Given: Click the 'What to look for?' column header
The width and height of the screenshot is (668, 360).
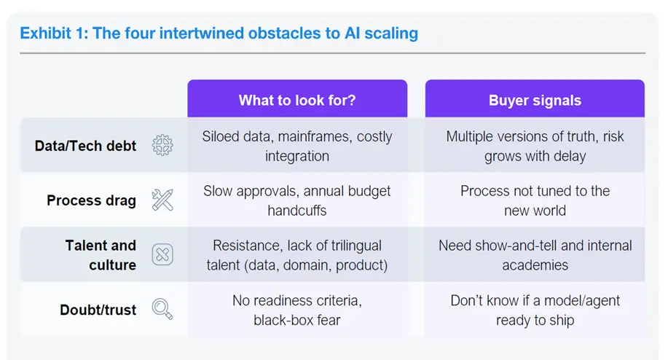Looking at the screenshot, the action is pyautogui.click(x=297, y=100).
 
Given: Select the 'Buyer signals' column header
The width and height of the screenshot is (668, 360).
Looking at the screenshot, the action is pyautogui.click(x=535, y=100).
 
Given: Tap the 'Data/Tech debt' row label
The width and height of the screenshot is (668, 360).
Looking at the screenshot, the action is pyautogui.click(x=85, y=146).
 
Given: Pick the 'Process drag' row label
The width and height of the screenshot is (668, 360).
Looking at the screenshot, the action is pyautogui.click(x=91, y=200).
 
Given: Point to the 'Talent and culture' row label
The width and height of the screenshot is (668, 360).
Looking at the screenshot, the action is pyautogui.click(x=101, y=255).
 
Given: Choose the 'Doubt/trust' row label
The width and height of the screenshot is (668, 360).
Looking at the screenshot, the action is pyautogui.click(x=98, y=310).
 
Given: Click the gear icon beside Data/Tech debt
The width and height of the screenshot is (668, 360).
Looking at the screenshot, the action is pyautogui.click(x=162, y=145).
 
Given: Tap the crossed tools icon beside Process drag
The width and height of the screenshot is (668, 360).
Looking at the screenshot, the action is pyautogui.click(x=162, y=200).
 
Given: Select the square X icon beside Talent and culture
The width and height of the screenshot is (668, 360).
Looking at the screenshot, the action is pyautogui.click(x=162, y=254).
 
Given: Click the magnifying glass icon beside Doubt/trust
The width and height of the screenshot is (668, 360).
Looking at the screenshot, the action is pyautogui.click(x=162, y=309).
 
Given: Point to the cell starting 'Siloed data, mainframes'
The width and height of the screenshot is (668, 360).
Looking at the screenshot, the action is pyautogui.click(x=297, y=146).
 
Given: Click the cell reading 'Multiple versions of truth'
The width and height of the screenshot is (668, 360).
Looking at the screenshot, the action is pyautogui.click(x=535, y=146).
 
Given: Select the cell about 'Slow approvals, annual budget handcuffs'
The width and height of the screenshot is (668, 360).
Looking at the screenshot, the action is pyautogui.click(x=297, y=200).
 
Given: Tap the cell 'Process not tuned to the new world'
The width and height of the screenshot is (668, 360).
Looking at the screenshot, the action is pyautogui.click(x=535, y=200).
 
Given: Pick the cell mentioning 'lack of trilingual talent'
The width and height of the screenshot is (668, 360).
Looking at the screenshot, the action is pyautogui.click(x=297, y=255).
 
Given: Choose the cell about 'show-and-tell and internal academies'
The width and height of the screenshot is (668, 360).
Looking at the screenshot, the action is pyautogui.click(x=535, y=255).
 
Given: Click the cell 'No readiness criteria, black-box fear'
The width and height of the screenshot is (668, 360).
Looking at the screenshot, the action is pyautogui.click(x=297, y=310).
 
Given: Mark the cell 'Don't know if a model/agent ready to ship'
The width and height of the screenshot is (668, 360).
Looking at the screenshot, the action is pyautogui.click(x=535, y=310).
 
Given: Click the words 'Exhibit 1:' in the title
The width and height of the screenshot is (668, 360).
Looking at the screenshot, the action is pyautogui.click(x=54, y=34).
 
